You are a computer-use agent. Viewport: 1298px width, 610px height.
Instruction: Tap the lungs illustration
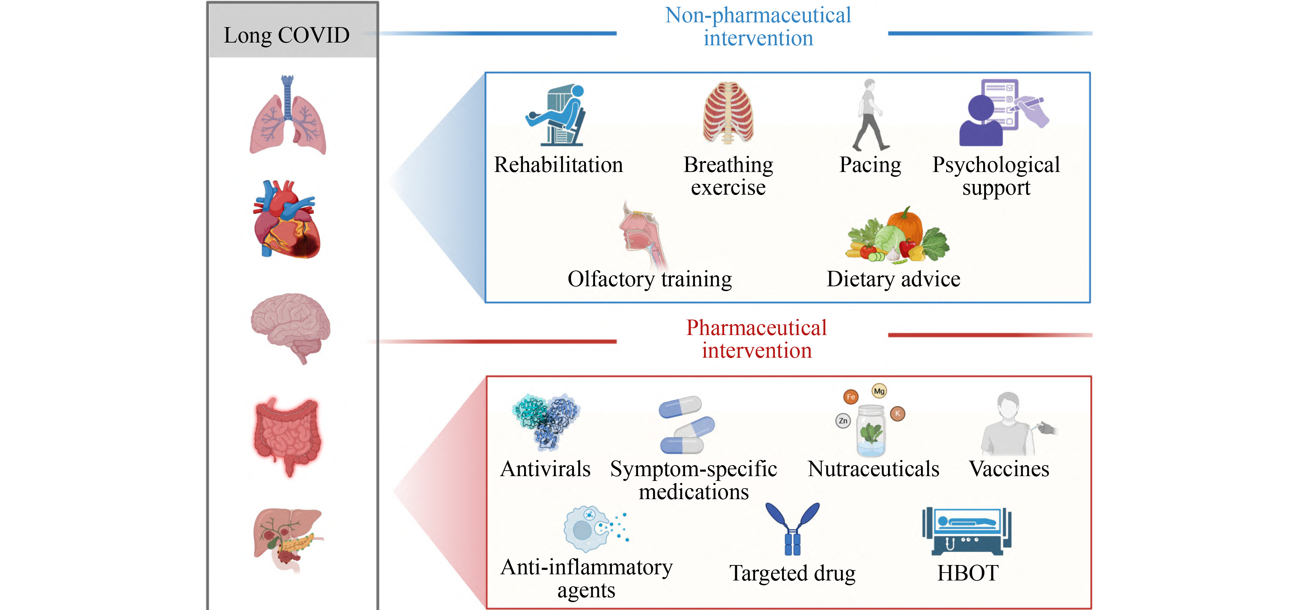click(x=288, y=117)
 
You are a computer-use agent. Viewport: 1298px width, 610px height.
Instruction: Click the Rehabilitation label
click(x=558, y=165)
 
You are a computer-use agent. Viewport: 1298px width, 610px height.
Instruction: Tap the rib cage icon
click(x=728, y=113)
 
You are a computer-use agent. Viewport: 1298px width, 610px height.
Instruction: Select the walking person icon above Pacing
click(x=870, y=115)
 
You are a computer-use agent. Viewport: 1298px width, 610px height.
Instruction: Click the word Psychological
click(x=996, y=165)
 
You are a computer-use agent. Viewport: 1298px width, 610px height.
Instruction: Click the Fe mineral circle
click(x=851, y=397)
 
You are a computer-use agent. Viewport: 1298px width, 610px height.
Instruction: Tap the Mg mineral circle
click(x=879, y=391)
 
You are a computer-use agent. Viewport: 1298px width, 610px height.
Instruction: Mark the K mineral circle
click(x=897, y=414)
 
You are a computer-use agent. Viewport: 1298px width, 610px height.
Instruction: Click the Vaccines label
click(x=1009, y=469)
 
